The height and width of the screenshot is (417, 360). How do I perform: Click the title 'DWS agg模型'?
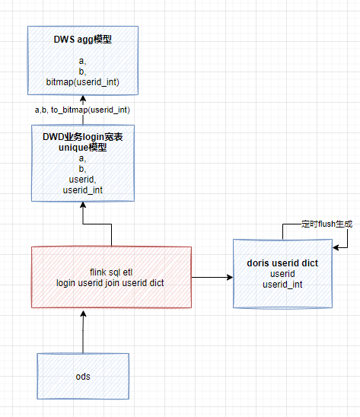coord(82,39)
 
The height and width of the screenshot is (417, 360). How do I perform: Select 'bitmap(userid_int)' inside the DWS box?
coord(82,81)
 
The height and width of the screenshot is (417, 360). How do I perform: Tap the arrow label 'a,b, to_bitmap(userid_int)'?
coord(82,110)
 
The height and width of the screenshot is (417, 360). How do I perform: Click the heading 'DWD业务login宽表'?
coord(82,136)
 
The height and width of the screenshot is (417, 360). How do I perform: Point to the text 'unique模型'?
coord(82,147)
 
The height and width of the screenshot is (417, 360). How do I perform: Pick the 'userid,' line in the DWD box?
coord(82,179)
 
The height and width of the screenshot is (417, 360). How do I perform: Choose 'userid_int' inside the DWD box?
coord(82,189)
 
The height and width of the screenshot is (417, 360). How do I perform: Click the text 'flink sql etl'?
coord(111,272)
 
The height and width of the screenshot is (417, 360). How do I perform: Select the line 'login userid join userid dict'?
coord(111,282)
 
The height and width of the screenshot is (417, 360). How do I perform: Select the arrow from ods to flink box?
coord(82,331)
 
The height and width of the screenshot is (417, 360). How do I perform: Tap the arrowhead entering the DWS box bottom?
coord(82,100)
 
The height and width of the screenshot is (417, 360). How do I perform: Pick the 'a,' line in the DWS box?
coord(82,59)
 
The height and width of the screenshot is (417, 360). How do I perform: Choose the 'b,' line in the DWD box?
coord(82,168)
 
